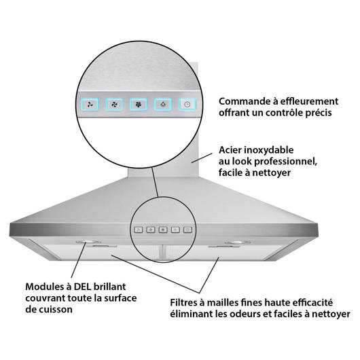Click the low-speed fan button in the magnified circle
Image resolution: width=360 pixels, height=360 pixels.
(x=90, y=105)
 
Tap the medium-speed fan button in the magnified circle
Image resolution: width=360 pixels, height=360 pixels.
(x=114, y=105)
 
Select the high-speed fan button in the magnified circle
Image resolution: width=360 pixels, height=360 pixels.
(x=139, y=105)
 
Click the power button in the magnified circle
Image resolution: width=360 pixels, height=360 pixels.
(x=187, y=105)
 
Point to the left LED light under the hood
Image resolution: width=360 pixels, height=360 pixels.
(x=88, y=242)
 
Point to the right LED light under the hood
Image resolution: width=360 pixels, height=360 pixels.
(x=238, y=242)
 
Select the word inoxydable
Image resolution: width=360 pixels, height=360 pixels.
(x=268, y=150)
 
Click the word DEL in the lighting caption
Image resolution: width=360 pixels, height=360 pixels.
(x=82, y=287)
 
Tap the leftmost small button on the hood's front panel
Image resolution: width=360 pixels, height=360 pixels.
(x=139, y=230)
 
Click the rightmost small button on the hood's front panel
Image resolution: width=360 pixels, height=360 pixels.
(x=187, y=230)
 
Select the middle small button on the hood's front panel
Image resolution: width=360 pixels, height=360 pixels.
(x=163, y=230)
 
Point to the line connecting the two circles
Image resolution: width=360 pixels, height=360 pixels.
(x=155, y=182)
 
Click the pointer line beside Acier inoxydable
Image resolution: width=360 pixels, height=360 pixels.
(x=202, y=158)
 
